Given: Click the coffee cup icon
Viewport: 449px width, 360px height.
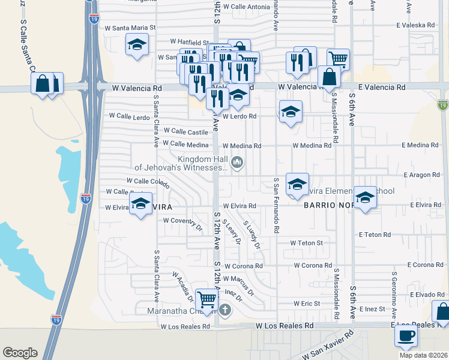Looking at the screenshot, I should (x=406, y=335).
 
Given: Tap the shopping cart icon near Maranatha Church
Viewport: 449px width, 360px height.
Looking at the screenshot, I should (x=207, y=298).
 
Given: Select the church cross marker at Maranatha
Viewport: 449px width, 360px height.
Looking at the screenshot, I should (x=225, y=310).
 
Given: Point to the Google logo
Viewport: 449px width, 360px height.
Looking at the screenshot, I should (x=20, y=353).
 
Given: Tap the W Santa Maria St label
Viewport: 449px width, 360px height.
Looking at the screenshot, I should (x=130, y=28).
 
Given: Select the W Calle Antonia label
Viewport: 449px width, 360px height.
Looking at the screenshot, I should (x=246, y=7).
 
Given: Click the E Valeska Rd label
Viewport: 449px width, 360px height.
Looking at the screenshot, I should (x=415, y=25).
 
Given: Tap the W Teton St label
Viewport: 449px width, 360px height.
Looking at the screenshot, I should (x=306, y=243).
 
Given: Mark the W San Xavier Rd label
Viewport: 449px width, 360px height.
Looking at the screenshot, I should (x=329, y=348).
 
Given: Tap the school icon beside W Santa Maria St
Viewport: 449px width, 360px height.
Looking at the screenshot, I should (x=137, y=44).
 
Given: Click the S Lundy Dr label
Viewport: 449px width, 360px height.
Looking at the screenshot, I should (x=252, y=235).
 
